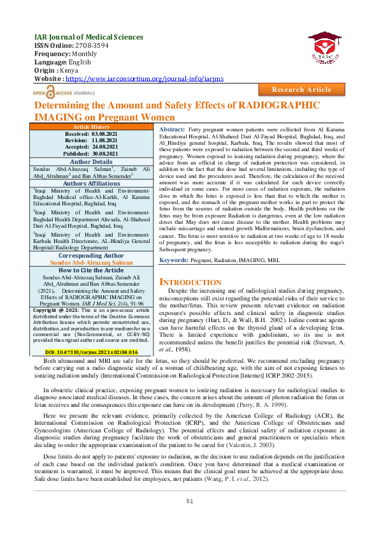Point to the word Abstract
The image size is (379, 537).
pos(172,129)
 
